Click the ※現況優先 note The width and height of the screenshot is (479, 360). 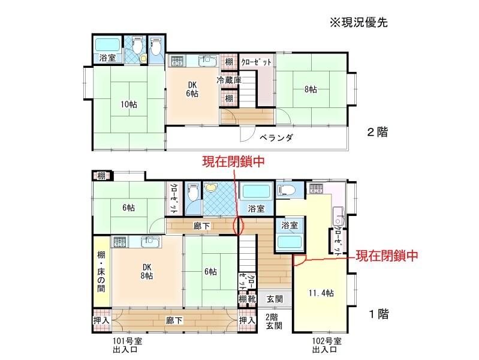(359, 23)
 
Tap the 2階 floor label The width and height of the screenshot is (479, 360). (378, 132)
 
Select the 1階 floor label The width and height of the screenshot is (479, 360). (379, 314)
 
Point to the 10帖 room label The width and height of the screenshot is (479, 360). (129, 104)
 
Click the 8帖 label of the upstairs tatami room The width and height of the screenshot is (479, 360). (311, 89)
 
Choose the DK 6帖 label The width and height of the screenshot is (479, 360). (192, 89)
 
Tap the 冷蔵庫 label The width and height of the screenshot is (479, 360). (229, 80)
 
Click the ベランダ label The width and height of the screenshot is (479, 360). (276, 137)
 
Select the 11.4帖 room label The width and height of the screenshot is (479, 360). (321, 293)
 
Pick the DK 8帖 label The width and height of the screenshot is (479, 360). (147, 272)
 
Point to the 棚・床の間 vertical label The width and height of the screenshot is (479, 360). (101, 272)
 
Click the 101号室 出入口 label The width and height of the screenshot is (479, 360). (128, 345)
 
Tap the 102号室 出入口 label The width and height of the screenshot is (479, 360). (327, 345)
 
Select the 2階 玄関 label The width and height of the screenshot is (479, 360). (274, 322)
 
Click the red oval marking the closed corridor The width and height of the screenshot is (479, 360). (239, 226)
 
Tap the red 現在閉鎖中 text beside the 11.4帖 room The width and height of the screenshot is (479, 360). (387, 256)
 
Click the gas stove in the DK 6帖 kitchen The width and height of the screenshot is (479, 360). (177, 61)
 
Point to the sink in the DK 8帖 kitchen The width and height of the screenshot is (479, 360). (150, 242)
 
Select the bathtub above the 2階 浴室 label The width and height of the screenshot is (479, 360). (107, 44)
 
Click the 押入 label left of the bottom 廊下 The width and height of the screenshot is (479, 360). (101, 320)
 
